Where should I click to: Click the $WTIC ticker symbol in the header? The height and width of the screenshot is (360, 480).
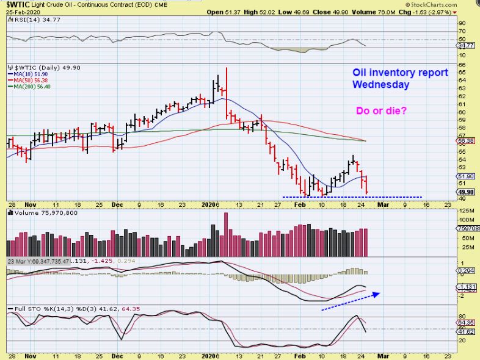pos(20,5)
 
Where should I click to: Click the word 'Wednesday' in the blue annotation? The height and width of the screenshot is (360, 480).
pos(381,85)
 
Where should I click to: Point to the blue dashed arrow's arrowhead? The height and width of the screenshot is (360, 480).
pos(378,294)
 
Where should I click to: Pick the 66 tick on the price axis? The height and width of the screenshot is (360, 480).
pos(462,64)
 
